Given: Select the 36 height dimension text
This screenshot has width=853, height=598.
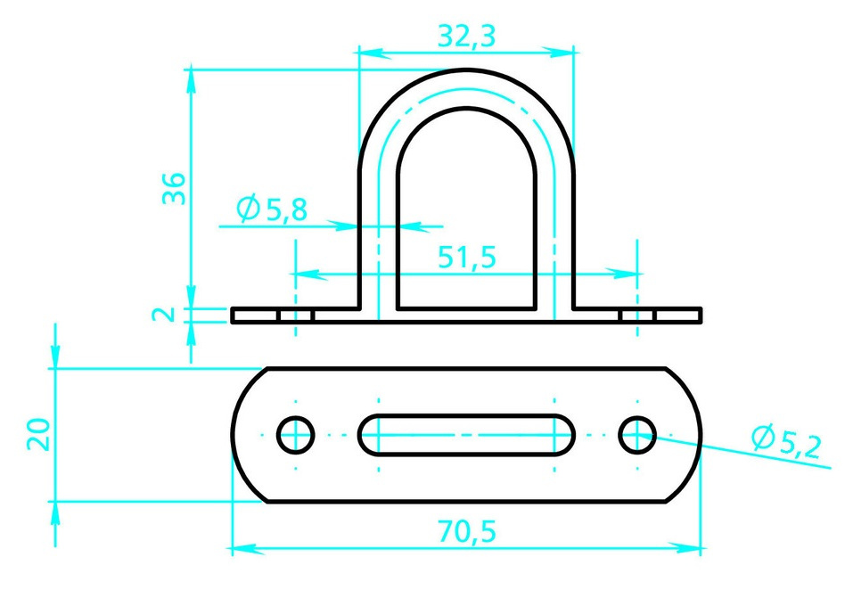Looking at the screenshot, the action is (x=174, y=188).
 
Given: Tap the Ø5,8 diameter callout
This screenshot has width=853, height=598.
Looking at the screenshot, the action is (x=272, y=209).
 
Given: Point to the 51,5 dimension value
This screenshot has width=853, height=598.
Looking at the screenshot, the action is (x=467, y=257).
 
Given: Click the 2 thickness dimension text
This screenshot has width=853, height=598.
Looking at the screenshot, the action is (x=163, y=315).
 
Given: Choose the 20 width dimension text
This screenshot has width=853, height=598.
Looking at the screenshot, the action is (x=38, y=434).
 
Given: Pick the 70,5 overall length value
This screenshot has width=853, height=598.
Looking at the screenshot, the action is (x=467, y=531).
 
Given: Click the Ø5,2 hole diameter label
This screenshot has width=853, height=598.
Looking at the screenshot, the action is (x=787, y=442).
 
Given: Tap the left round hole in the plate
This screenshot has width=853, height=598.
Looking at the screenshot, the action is (x=296, y=435).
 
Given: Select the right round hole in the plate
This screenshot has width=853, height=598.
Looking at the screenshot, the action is (x=637, y=435).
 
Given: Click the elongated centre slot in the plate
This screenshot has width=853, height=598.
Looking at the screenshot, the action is (x=466, y=435).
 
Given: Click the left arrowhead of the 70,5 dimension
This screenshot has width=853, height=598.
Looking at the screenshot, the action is (x=248, y=548).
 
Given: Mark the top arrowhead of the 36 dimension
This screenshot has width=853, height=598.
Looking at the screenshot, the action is (x=191, y=85).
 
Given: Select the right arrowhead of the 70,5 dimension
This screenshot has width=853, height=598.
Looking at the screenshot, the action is (x=685, y=548).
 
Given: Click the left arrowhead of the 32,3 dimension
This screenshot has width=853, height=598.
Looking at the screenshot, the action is (x=375, y=53).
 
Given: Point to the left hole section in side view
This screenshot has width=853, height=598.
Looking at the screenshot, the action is (x=296, y=315).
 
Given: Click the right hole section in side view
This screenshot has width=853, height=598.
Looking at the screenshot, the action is (x=637, y=315).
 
